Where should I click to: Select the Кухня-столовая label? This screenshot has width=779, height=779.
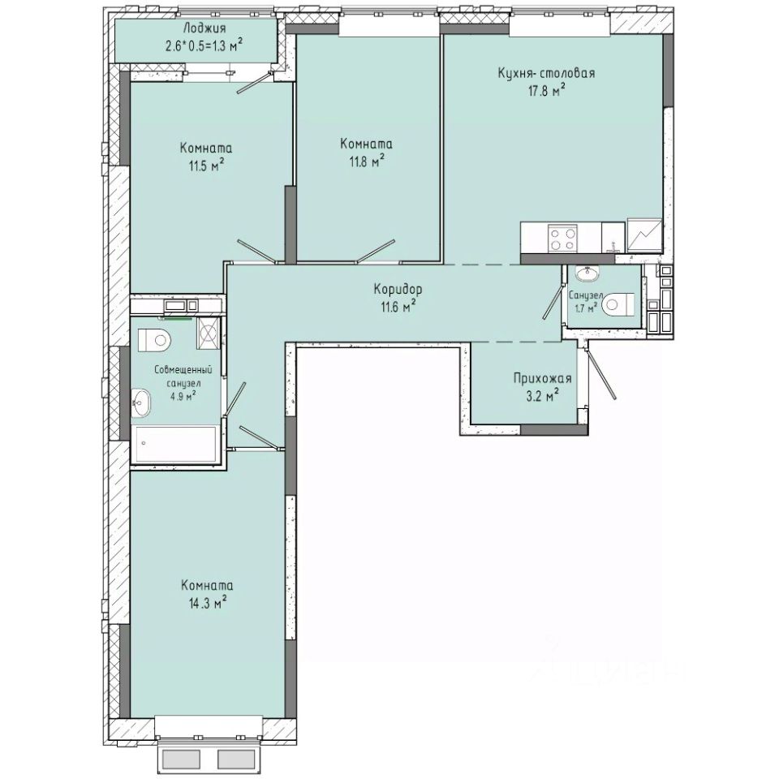546,73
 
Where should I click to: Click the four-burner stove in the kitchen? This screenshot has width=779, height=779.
563,238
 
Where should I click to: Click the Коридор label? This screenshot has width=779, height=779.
398,289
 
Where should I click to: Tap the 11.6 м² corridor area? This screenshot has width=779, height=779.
398,305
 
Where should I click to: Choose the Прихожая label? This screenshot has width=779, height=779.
542,378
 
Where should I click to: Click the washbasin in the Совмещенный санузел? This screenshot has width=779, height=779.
143,401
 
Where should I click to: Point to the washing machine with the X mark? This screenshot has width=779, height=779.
209,332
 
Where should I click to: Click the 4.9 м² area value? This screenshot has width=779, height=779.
183,396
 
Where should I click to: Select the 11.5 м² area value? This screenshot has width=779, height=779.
205,166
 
